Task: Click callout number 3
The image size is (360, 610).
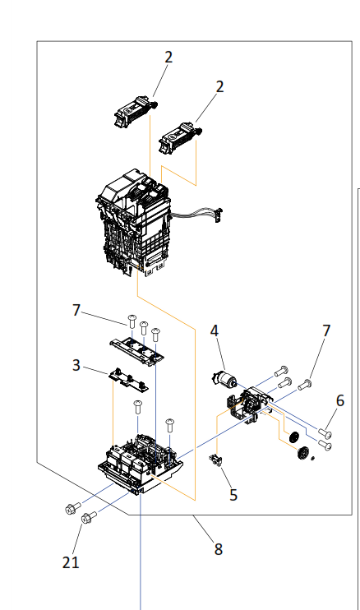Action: (76, 364)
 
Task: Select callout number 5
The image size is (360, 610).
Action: (234, 495)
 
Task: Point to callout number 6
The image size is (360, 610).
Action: (339, 400)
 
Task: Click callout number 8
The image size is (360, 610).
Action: (219, 548)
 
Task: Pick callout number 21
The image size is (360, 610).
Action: (71, 562)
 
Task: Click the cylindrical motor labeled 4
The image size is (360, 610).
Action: (224, 381)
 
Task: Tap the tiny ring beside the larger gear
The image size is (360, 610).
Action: (313, 459)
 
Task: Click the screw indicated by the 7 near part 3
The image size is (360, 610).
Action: (130, 320)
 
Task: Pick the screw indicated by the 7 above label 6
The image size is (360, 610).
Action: (306, 382)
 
